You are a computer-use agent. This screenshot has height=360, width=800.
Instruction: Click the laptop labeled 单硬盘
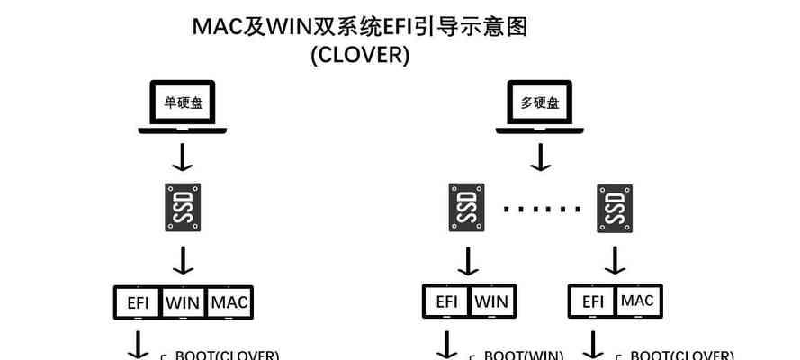(184, 107)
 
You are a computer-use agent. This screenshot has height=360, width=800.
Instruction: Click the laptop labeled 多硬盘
(540, 107)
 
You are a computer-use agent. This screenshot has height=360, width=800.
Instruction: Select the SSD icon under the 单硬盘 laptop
(184, 208)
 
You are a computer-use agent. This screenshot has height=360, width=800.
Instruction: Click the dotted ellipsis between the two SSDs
(541, 209)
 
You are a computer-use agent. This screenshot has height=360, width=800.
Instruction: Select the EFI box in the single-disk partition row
(137, 302)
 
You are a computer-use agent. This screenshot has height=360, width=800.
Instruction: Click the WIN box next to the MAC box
(184, 302)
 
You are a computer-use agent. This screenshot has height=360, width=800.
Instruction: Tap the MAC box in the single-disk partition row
(229, 302)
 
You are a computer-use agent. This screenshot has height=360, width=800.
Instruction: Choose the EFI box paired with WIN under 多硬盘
(445, 301)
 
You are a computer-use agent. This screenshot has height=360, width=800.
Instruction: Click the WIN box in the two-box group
(491, 301)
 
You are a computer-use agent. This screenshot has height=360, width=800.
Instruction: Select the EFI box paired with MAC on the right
(591, 301)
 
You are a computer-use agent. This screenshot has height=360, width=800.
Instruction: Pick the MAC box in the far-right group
(637, 301)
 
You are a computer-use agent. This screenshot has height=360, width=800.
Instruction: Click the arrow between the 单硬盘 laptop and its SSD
(184, 157)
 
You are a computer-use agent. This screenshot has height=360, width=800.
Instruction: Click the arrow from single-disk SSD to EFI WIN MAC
(184, 260)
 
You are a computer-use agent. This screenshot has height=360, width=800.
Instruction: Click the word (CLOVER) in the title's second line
(360, 55)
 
